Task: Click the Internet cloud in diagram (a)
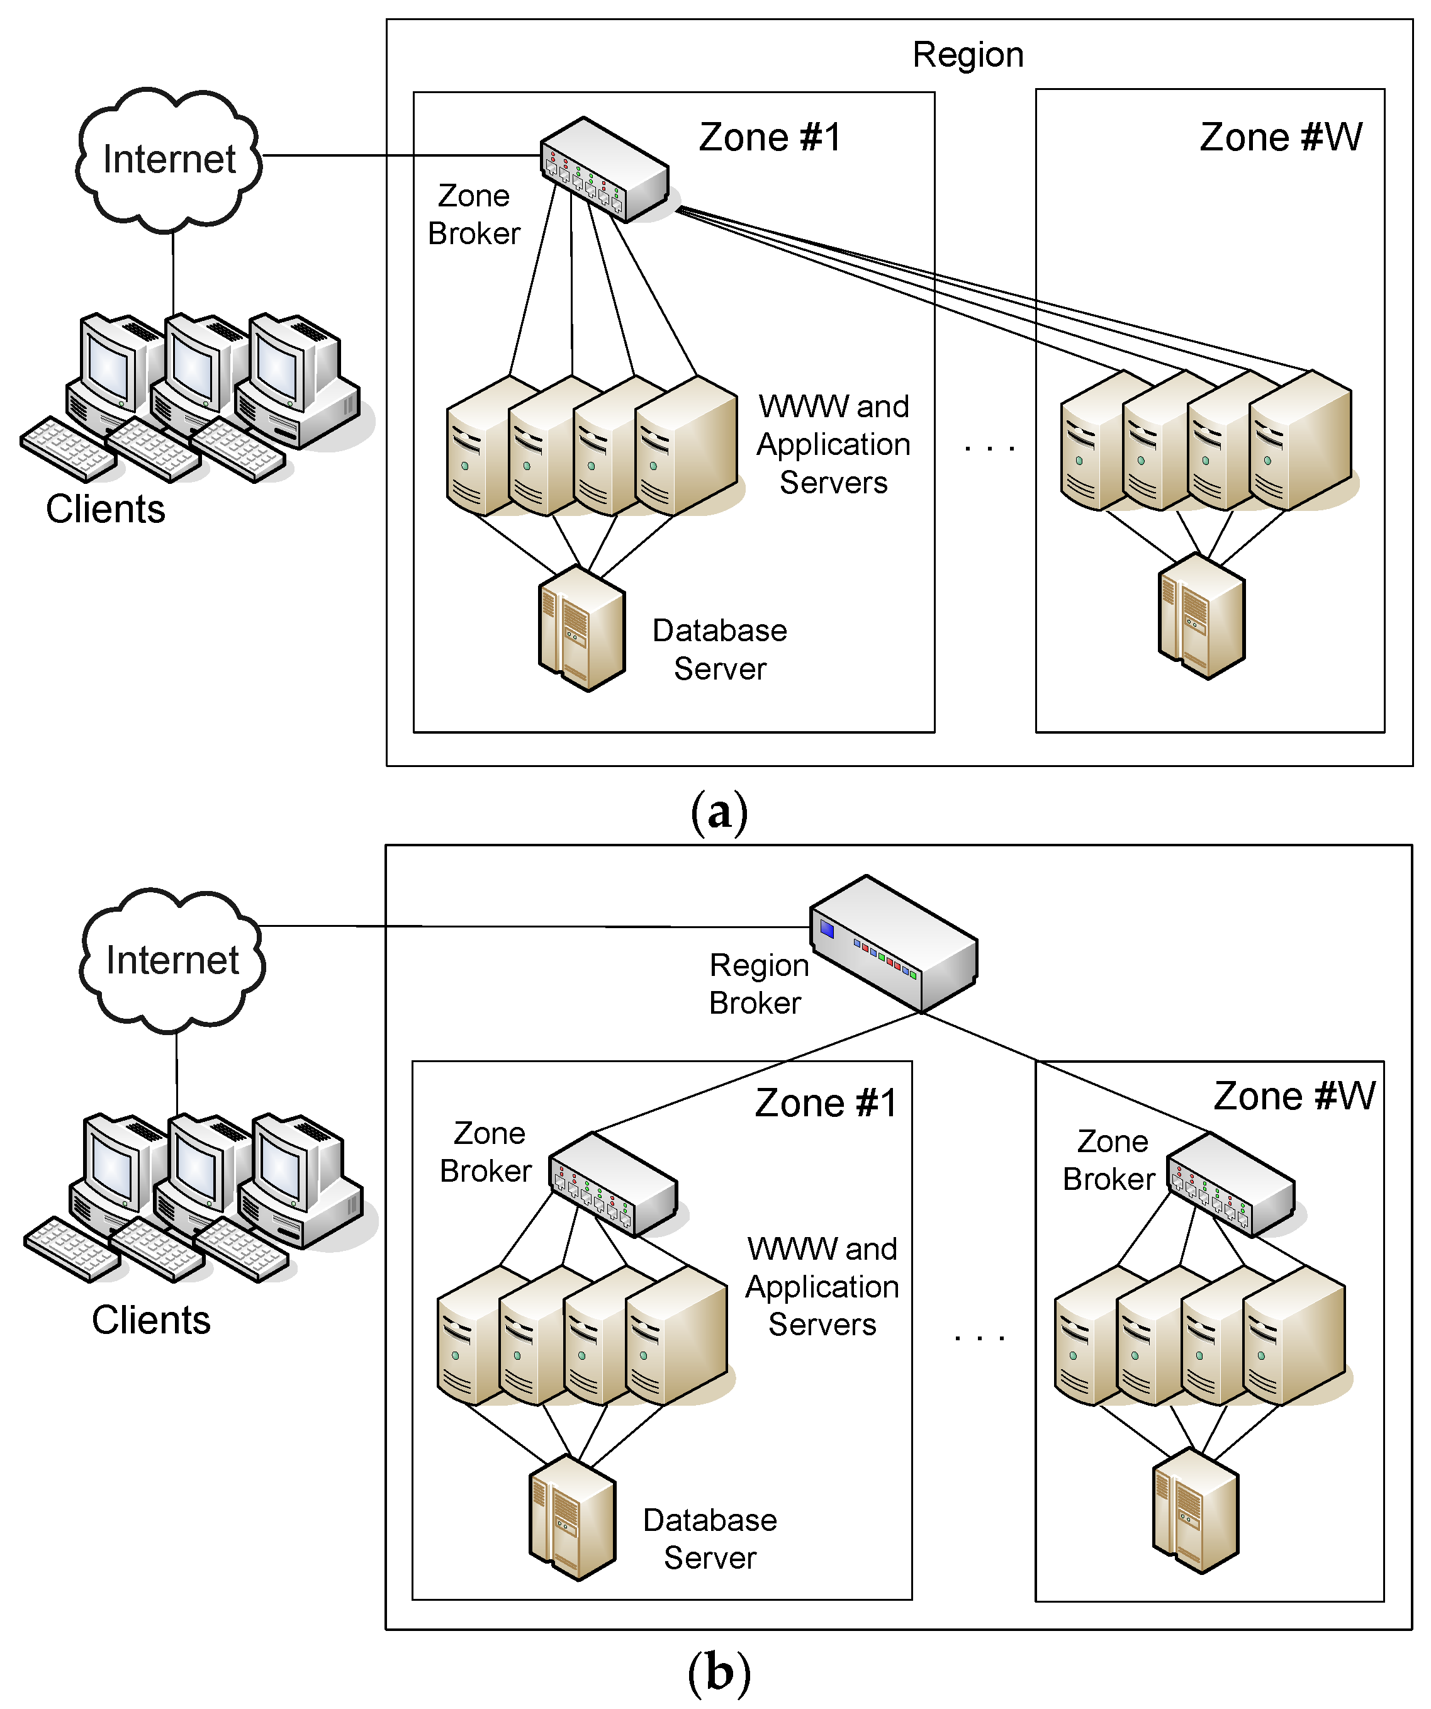pyautogui.click(x=169, y=159)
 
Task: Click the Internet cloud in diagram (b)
pyautogui.click(x=172, y=960)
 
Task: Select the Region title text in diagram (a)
pyautogui.click(x=968, y=55)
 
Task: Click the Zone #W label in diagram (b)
pyautogui.click(x=1294, y=1096)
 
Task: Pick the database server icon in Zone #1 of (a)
pyautogui.click(x=582, y=629)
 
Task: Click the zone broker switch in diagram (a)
pyautogui.click(x=605, y=169)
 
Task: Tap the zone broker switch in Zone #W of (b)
pyautogui.click(x=1231, y=1184)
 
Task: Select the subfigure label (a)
pyautogui.click(x=719, y=813)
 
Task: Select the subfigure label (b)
pyautogui.click(x=719, y=1673)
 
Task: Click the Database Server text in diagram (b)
pyautogui.click(x=710, y=1539)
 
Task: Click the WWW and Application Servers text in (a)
pyautogui.click(x=834, y=444)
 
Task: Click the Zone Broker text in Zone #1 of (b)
pyautogui.click(x=488, y=1151)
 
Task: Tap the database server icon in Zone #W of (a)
pyautogui.click(x=1201, y=616)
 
